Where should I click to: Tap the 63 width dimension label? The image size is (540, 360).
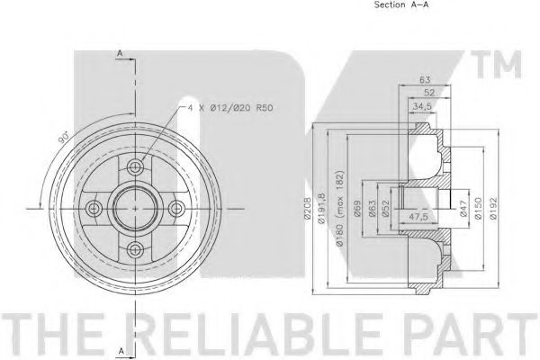(x=425, y=80)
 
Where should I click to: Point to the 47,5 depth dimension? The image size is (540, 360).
(x=416, y=217)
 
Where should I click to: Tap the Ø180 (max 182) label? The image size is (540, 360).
(x=339, y=202)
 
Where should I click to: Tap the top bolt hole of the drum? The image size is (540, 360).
(x=135, y=166)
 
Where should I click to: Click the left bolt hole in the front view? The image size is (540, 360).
(x=93, y=208)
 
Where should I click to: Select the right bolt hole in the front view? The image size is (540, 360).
(x=176, y=208)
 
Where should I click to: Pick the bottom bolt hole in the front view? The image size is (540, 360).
(x=135, y=250)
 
